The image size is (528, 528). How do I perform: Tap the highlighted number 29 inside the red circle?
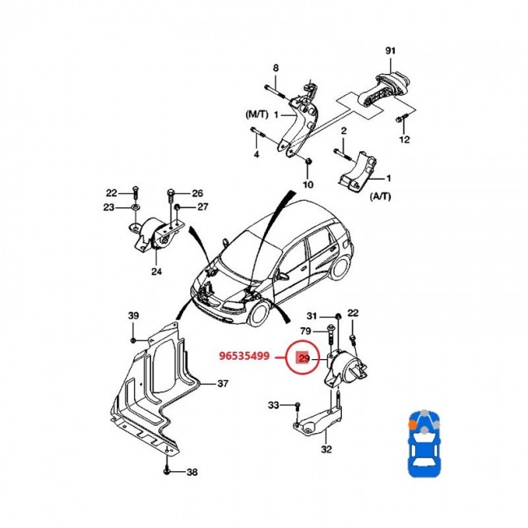[x=303, y=358]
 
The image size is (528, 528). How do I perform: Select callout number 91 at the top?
[x=391, y=52]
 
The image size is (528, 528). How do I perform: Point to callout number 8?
[x=275, y=67]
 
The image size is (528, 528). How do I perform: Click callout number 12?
[x=405, y=140]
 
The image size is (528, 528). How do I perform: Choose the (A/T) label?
[x=380, y=197]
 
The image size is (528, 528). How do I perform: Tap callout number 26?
[x=197, y=193]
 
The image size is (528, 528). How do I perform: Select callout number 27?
[x=201, y=207]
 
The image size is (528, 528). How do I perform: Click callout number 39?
[x=133, y=315]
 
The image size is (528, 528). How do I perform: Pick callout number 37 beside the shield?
[x=223, y=383]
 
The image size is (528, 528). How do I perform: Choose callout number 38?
[x=192, y=472]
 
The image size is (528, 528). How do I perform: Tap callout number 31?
[x=312, y=315]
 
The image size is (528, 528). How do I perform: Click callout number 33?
[x=274, y=405]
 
